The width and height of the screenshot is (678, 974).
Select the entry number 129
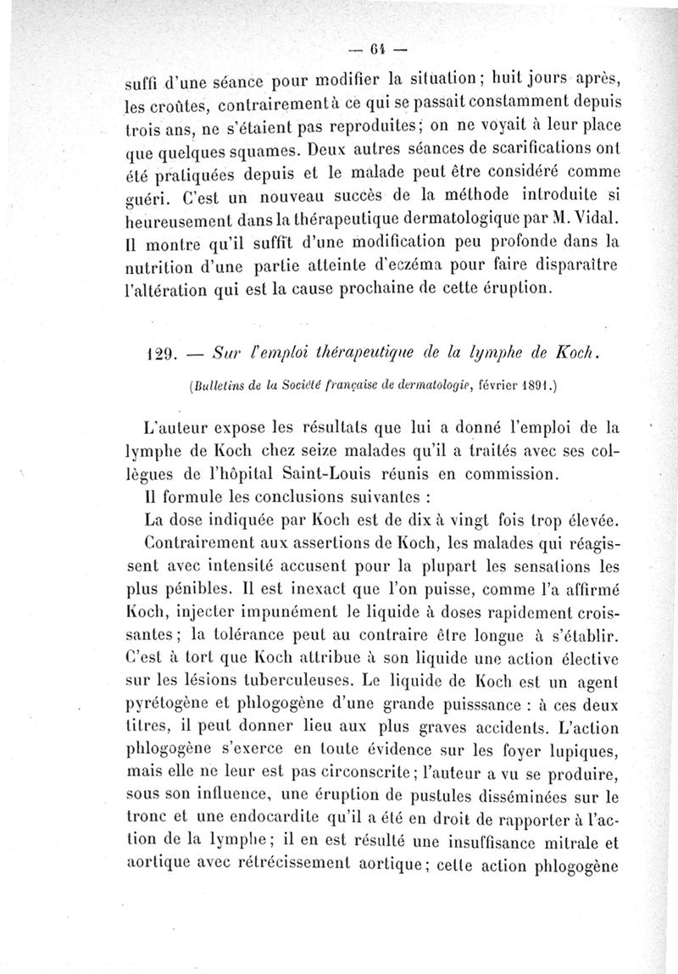pos(158,350)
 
